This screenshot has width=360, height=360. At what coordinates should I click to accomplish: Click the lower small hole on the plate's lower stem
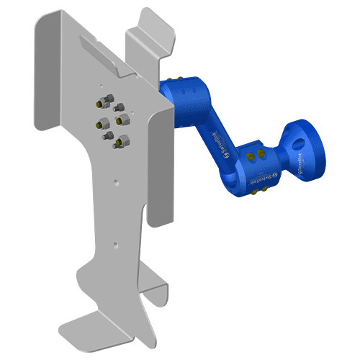click(x=114, y=245)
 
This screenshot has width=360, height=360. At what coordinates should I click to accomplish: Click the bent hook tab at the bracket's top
click(x=151, y=32)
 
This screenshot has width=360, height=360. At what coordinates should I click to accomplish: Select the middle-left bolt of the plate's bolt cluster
click(x=101, y=126)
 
